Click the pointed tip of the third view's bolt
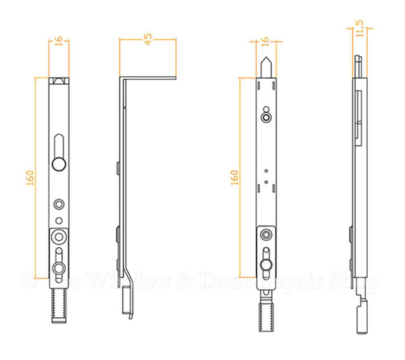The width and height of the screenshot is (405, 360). pos(266,62)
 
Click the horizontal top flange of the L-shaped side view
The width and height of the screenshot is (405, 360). pos(148,78)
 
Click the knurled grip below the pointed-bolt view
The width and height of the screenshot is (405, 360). pos(266,310)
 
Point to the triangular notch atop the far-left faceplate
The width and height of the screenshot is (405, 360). pos(59,81)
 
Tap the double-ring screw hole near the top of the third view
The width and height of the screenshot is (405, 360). pos(266,118)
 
